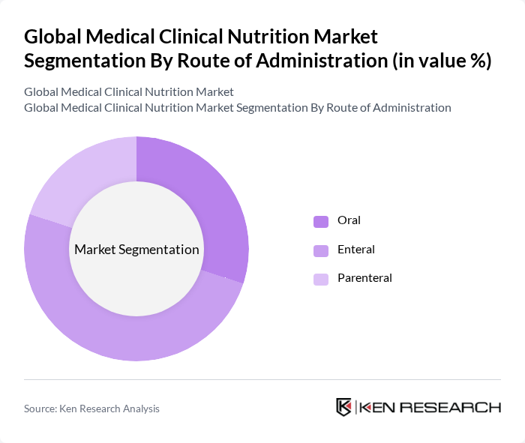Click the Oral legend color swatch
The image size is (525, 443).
point(321,221)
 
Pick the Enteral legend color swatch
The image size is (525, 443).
point(321,250)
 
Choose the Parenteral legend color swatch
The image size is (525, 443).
point(321,279)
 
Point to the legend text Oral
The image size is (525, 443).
point(349,220)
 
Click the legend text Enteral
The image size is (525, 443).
point(356,250)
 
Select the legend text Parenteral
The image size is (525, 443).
point(364,278)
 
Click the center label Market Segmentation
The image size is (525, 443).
point(136,250)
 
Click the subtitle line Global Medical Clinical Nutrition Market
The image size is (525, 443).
point(129,92)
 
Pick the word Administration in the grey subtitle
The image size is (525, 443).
point(406,108)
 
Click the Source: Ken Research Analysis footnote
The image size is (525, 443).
point(91,409)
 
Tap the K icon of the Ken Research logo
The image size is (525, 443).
point(343,407)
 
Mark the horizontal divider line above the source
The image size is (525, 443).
point(262,380)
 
